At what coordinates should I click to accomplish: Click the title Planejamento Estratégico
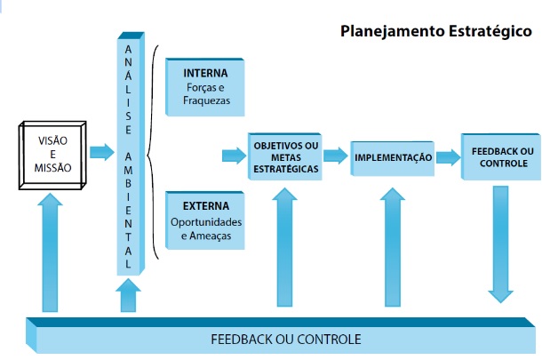tap(436, 31)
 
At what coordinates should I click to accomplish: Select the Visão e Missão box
tap(52, 156)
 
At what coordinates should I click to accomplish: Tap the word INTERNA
tap(205, 73)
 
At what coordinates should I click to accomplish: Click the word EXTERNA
tap(205, 206)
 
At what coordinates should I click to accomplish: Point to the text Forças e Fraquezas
tap(206, 94)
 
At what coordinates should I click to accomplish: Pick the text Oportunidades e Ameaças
tap(206, 228)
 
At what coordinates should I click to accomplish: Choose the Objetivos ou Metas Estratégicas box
tap(285, 156)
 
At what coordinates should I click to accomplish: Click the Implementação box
tap(393, 158)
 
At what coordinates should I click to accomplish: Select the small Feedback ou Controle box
tap(501, 156)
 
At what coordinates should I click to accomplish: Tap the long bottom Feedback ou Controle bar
tap(281, 335)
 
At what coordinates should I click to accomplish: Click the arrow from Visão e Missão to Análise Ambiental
tap(102, 152)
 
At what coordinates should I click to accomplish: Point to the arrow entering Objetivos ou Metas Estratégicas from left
tap(234, 156)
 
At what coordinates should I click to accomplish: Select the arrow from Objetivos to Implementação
tap(336, 156)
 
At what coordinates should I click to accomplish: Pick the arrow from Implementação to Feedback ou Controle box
tap(449, 157)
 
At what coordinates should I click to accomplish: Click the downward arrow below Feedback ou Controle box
tap(500, 244)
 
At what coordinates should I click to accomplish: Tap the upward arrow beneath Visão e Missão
tap(50, 252)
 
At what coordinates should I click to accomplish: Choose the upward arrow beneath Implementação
tap(393, 247)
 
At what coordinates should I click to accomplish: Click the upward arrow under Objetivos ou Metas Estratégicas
tap(284, 247)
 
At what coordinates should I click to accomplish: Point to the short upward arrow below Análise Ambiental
tap(128, 295)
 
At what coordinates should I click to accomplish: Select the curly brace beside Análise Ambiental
tap(153, 152)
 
